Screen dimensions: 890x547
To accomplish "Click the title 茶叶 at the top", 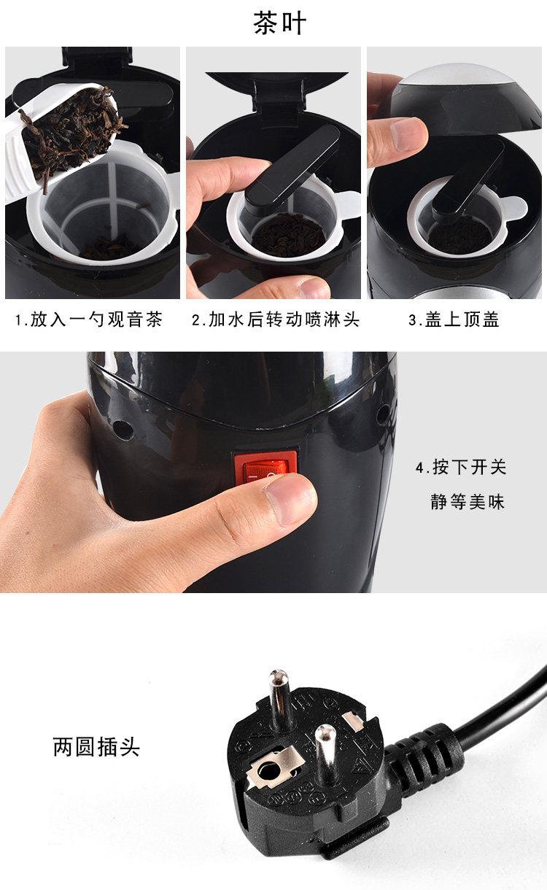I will tap(280, 23).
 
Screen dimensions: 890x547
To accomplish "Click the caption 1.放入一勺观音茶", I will tap(89, 320).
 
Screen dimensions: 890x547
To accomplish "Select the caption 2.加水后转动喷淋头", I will tap(276, 320).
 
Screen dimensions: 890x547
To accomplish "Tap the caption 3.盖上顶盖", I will tap(454, 320).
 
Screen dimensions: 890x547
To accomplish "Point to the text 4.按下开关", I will tap(461, 467).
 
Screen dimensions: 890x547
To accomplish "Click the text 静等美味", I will tap(468, 502).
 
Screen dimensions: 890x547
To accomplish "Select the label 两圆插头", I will tap(96, 747).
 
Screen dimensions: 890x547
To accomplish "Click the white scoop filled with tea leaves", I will tap(58, 139).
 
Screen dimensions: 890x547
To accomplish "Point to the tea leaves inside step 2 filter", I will tap(288, 235).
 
